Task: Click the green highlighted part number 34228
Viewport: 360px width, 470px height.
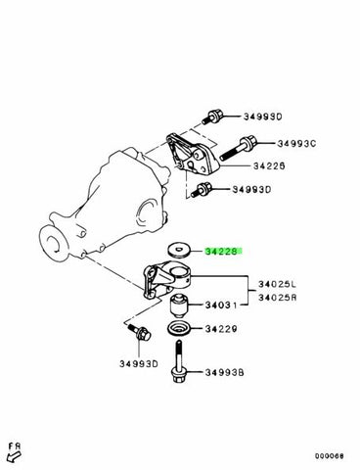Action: pyautogui.click(x=224, y=252)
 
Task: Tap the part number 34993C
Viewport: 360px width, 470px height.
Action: pyautogui.click(x=296, y=144)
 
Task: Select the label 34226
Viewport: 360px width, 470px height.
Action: pyautogui.click(x=269, y=166)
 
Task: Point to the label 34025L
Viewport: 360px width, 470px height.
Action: pyautogui.click(x=278, y=285)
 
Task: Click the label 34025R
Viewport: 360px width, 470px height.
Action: pyautogui.click(x=278, y=298)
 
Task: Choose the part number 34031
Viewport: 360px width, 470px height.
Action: pyautogui.click(x=221, y=305)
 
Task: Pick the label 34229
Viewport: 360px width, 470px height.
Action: pyautogui.click(x=221, y=329)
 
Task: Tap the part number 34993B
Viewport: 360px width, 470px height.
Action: pyautogui.click(x=224, y=372)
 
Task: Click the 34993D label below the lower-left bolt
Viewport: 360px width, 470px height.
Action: pyautogui.click(x=139, y=363)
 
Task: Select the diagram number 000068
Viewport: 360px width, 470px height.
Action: pyautogui.click(x=329, y=456)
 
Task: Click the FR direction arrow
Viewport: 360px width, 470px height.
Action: pyautogui.click(x=14, y=455)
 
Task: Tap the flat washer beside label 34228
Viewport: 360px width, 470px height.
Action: pyautogui.click(x=179, y=252)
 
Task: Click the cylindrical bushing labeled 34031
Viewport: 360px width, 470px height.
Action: pyautogui.click(x=179, y=305)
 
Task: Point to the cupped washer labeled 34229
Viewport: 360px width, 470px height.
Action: pyautogui.click(x=179, y=329)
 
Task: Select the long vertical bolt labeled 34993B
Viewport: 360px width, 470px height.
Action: pyautogui.click(x=179, y=362)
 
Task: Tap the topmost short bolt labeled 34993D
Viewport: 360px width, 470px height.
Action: pyautogui.click(x=212, y=117)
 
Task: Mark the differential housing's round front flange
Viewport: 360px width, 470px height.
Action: pyautogui.click(x=54, y=242)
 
